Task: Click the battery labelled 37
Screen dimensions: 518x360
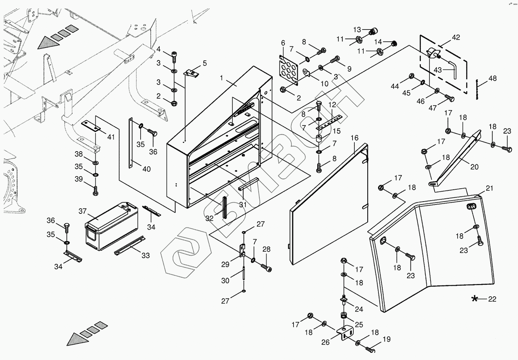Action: click(x=112, y=226)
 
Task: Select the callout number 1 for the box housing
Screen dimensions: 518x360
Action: click(x=221, y=78)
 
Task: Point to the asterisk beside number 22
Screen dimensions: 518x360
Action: click(x=474, y=299)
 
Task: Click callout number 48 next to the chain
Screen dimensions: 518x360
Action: click(x=492, y=78)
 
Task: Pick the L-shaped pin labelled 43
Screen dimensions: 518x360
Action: click(x=453, y=69)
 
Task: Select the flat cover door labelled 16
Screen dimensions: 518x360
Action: click(x=329, y=204)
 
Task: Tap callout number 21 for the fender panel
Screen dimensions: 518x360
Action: click(x=490, y=188)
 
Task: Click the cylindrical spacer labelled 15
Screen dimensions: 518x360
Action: click(x=319, y=140)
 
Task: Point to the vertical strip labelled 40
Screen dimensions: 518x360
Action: click(x=131, y=143)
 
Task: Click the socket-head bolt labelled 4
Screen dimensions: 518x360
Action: click(x=174, y=57)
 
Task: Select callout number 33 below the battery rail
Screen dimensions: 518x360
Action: click(x=145, y=256)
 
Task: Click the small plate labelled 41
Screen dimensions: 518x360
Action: click(x=91, y=126)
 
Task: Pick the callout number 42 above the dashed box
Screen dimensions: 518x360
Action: click(x=456, y=37)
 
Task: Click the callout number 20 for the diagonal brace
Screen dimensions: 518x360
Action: click(x=474, y=167)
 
